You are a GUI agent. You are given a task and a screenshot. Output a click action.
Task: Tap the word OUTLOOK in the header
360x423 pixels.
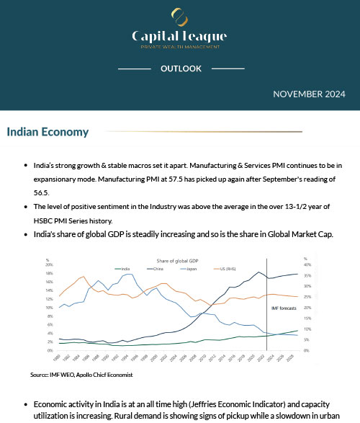(x=180, y=69)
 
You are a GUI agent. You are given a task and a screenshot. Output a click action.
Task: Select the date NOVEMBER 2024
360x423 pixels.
(x=309, y=94)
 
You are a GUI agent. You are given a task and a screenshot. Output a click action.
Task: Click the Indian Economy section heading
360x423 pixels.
(x=48, y=132)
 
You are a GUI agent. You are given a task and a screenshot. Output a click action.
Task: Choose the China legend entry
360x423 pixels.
(x=158, y=267)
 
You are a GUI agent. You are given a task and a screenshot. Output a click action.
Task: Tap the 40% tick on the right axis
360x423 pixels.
(x=307, y=264)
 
